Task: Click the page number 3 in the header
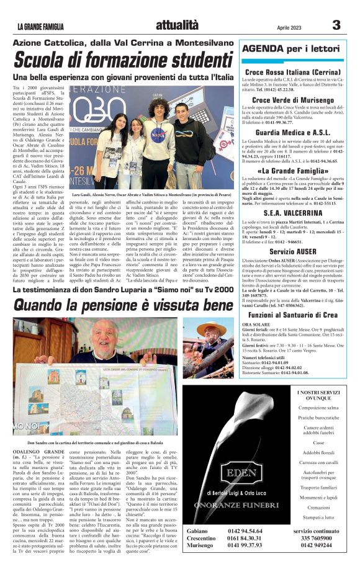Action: pos(336,25)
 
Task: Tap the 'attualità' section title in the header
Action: pos(178,25)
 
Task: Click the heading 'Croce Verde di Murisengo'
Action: pos(292,100)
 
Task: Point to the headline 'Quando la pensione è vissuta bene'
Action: pos(124,305)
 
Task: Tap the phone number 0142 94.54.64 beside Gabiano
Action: pos(245,532)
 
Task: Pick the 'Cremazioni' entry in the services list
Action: pos(318,507)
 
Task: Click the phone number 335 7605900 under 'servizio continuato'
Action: pos(317,539)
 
